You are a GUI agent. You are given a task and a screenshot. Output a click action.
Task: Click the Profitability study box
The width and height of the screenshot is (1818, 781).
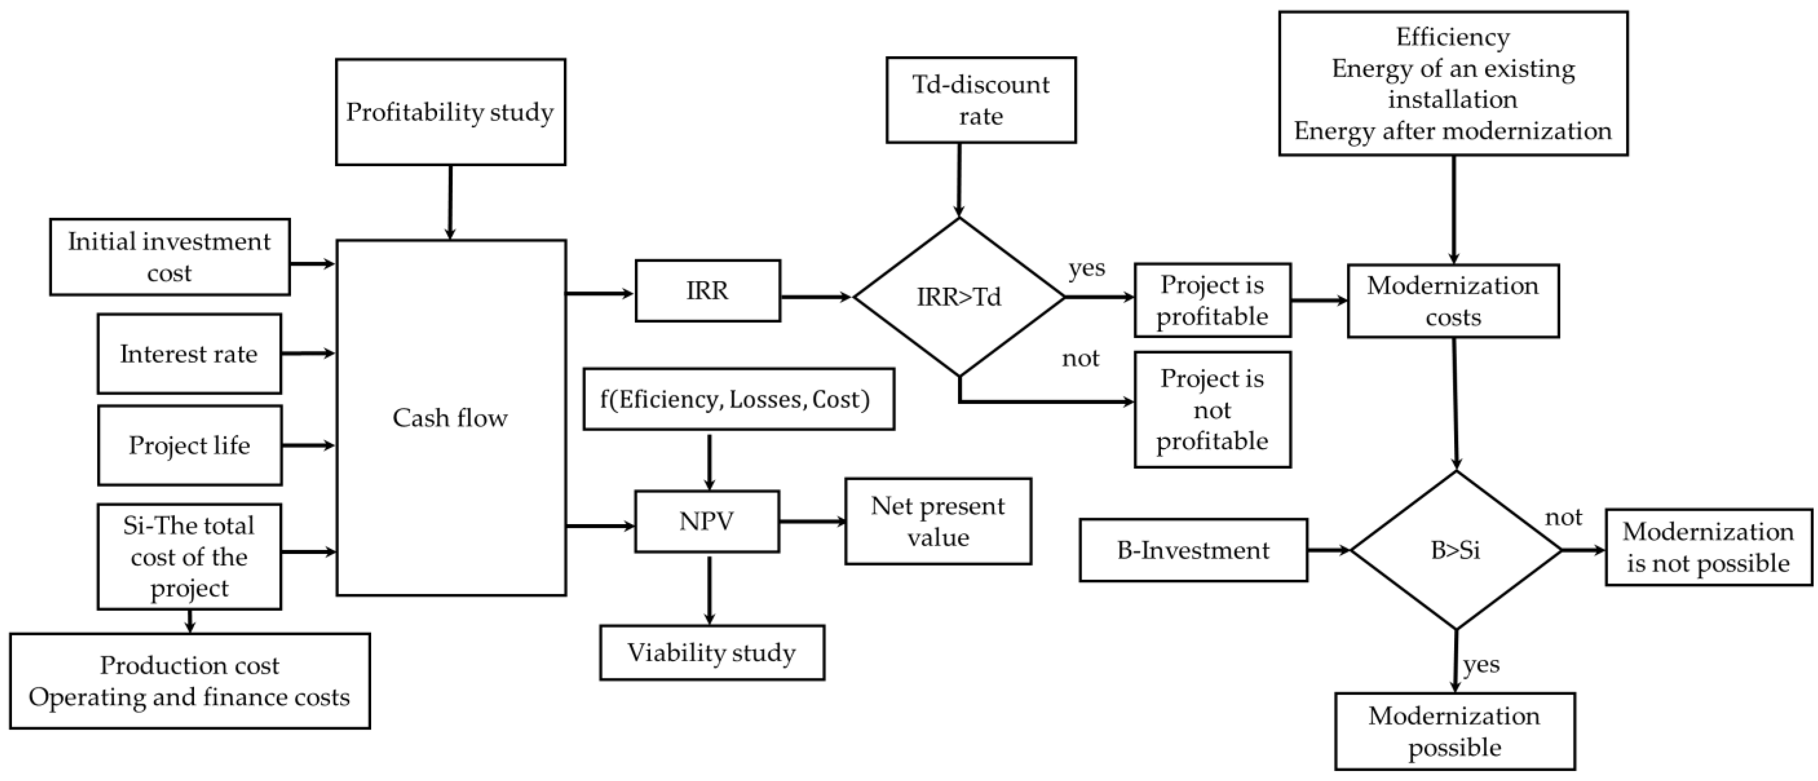point(450,112)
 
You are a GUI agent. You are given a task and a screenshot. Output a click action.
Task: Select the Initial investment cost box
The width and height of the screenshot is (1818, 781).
point(169,257)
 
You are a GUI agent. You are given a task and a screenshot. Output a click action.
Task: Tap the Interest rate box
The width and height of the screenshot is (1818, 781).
point(189,353)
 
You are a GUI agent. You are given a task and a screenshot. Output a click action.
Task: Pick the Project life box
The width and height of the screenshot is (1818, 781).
point(189,445)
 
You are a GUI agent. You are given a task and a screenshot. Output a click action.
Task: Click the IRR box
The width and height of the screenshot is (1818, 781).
point(707,291)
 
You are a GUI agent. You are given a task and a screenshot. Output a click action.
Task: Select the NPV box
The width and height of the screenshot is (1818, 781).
point(707,522)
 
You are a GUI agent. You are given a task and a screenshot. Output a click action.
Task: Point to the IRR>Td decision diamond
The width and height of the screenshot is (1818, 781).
point(959,297)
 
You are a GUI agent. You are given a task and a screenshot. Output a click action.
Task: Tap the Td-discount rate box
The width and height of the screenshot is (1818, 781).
point(981,100)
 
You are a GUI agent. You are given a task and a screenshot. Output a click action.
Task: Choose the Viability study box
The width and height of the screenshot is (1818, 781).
point(711,653)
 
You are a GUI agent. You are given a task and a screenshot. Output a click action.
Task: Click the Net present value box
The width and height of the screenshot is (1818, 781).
point(938,522)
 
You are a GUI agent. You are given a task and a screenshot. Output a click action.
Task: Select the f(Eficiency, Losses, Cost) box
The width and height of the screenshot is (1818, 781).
point(738,399)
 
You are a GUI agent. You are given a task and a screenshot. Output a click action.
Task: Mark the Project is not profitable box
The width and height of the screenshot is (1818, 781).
point(1213,410)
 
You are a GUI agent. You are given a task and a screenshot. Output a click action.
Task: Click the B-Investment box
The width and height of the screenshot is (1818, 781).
point(1193,550)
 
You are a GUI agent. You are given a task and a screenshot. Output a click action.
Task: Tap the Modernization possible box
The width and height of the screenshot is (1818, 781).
point(1455,732)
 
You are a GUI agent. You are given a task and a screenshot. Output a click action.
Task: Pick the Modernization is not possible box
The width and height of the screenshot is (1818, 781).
point(1708,547)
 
